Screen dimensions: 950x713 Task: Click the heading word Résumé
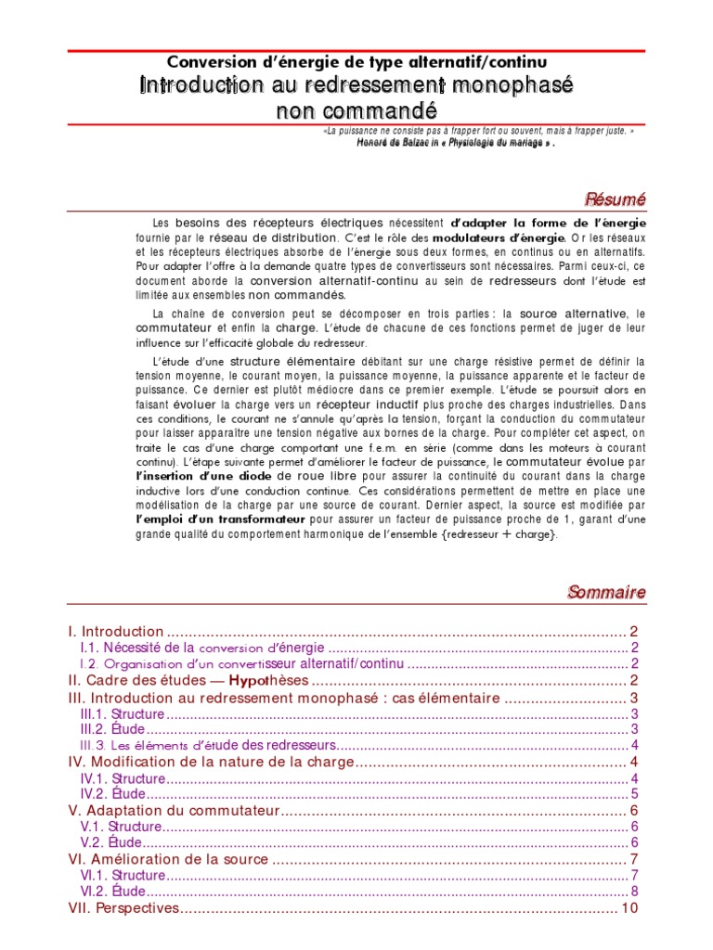614,199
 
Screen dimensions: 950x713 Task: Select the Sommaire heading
606,592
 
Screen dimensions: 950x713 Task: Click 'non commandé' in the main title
356,111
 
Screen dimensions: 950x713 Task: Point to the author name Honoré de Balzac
398,144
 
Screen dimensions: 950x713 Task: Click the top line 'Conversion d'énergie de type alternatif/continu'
356,61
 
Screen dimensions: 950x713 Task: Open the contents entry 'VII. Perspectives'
123,908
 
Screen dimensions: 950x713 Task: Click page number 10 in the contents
629,908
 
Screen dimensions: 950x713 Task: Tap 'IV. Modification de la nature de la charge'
212,762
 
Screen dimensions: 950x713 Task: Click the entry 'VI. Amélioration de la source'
169,860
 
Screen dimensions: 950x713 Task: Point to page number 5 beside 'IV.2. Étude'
633,794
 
